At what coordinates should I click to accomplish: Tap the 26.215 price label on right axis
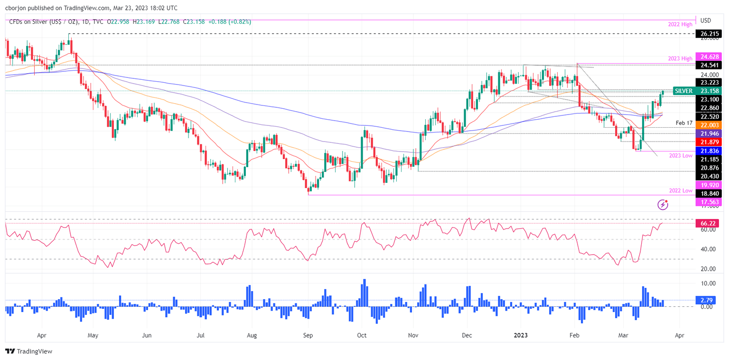[x=707, y=34]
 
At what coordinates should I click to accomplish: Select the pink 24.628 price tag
[x=707, y=56]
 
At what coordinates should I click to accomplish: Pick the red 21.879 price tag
[x=707, y=142]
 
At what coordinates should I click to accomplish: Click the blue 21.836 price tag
[x=707, y=151]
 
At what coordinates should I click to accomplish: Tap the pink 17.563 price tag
[x=707, y=202]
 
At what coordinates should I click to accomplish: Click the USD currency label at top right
[x=706, y=20]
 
